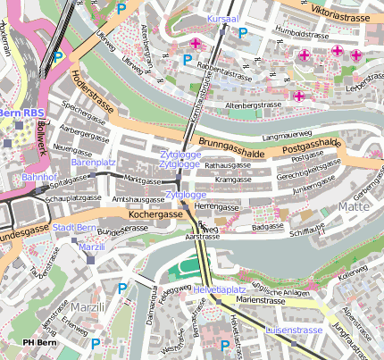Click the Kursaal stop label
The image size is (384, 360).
(223, 18)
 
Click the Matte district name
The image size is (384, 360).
(354, 206)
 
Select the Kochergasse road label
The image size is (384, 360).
(155, 215)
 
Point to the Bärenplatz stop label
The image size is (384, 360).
(94, 163)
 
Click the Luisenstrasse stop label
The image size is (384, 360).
(294, 330)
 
